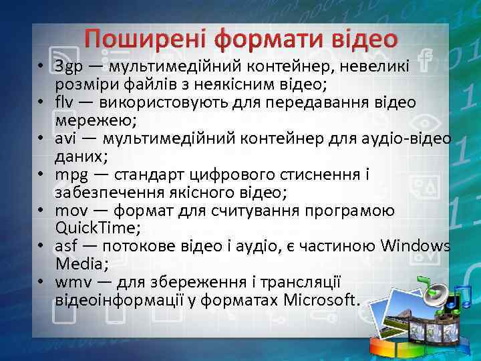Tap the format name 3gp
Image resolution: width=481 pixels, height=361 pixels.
[69, 66]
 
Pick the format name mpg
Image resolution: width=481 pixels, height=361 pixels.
[71, 175]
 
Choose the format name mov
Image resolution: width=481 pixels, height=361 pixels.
[71, 211]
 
